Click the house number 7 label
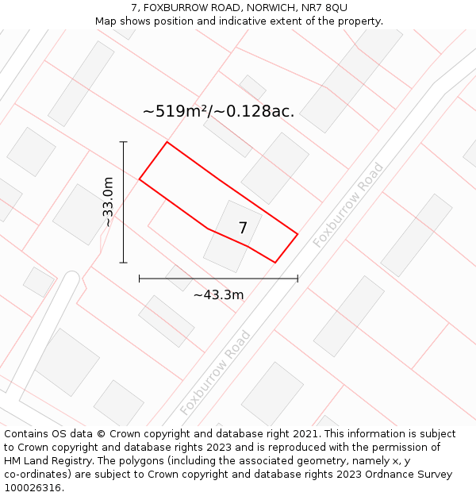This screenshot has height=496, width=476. click(243, 229)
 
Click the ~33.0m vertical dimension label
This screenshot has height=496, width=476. click(108, 202)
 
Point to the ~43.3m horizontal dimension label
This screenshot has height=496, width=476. click(218, 295)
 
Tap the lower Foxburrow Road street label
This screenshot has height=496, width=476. click(215, 372)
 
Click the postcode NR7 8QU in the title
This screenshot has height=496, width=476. click(323, 8)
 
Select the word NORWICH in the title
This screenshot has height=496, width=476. click(263, 8)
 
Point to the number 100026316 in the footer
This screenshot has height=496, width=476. click(31, 488)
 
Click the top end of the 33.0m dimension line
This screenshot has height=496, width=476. click(124, 142)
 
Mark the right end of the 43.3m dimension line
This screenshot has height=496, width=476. click(297, 279)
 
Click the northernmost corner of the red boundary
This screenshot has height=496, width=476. click(167, 142)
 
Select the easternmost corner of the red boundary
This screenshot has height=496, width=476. click(297, 234)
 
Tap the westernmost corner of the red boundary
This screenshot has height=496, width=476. click(140, 179)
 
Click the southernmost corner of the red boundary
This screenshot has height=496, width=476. click(275, 262)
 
